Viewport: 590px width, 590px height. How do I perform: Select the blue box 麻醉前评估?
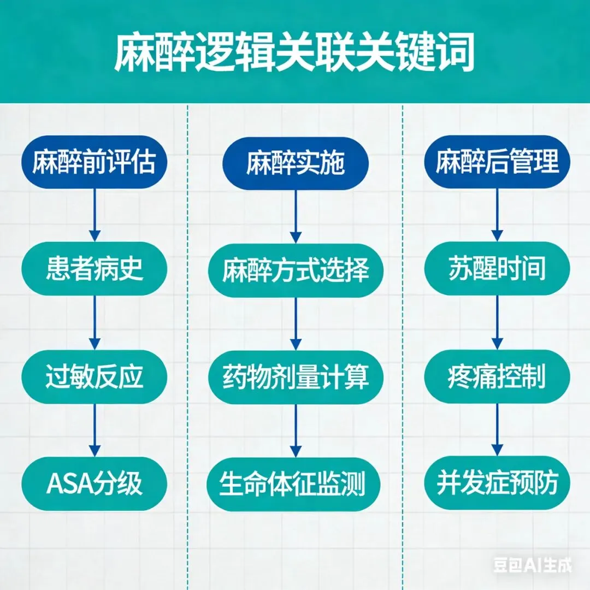click(x=95, y=162)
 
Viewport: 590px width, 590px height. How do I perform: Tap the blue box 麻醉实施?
click(x=296, y=163)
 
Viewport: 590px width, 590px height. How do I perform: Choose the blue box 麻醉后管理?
click(x=497, y=162)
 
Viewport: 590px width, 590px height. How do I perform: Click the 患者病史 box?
click(x=95, y=269)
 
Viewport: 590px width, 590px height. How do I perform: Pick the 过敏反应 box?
click(x=95, y=376)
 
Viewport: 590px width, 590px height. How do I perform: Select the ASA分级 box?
click(x=95, y=483)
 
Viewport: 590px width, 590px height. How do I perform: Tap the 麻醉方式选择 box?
click(x=296, y=270)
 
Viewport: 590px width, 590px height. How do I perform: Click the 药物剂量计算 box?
click(x=296, y=377)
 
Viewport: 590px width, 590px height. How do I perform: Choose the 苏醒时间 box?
click(x=497, y=269)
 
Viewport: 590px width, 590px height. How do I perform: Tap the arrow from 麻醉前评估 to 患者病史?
click(x=95, y=215)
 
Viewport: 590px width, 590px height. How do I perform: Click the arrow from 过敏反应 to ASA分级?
click(x=95, y=430)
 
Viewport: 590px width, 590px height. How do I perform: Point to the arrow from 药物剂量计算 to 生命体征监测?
click(x=296, y=430)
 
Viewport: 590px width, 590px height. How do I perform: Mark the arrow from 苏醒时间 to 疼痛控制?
click(x=497, y=323)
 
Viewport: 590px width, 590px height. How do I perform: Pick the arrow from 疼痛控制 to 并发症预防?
click(x=497, y=430)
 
